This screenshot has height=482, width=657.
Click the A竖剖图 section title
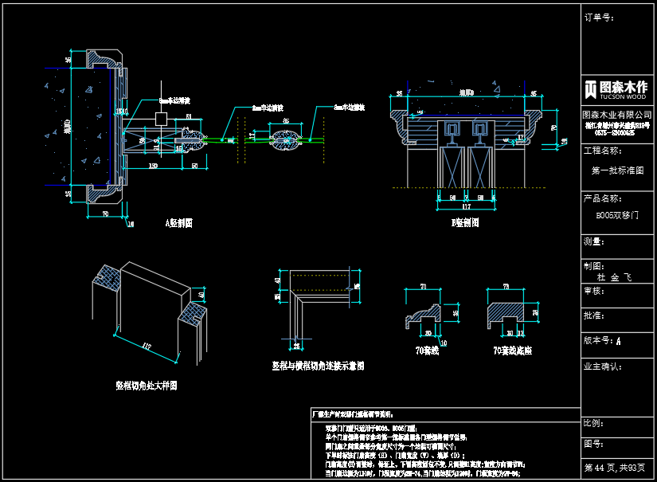coord(178,223)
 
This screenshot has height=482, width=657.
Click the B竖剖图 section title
coord(463,223)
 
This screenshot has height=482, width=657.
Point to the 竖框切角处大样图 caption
coord(146,385)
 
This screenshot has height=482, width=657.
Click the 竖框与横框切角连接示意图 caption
coord(318,366)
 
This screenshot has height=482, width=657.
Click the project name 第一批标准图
coord(617,170)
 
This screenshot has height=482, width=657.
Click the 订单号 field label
coord(598,17)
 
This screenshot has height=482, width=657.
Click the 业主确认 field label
coord(602,367)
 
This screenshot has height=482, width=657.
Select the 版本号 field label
coord(599,340)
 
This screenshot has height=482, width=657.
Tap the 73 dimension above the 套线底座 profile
coord(506,286)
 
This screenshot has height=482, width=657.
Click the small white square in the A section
coord(161,118)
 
